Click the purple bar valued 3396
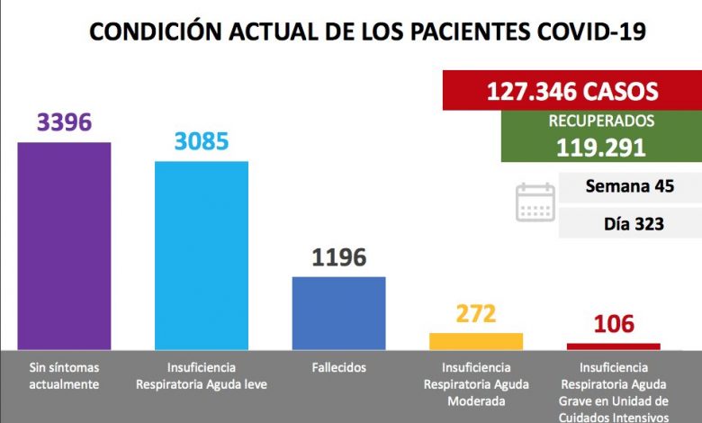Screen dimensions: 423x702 click(64, 245)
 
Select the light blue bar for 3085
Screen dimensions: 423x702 click(202, 255)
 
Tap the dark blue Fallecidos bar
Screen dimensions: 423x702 click(338, 312)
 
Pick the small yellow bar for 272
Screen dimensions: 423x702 click(476, 341)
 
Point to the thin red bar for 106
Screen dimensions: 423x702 click(613, 346)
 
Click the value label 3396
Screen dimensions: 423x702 click(64, 121)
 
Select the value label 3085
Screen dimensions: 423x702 click(202, 141)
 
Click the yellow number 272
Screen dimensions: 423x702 click(476, 314)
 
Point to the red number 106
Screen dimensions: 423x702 click(613, 323)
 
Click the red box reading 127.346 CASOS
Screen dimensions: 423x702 click(572, 91)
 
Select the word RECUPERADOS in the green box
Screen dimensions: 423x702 click(602, 121)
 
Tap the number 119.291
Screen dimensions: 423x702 click(602, 148)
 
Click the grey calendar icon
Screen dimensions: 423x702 click(535, 202)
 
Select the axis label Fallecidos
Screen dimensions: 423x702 click(338, 368)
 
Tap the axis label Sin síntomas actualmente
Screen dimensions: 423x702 click(64, 376)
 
